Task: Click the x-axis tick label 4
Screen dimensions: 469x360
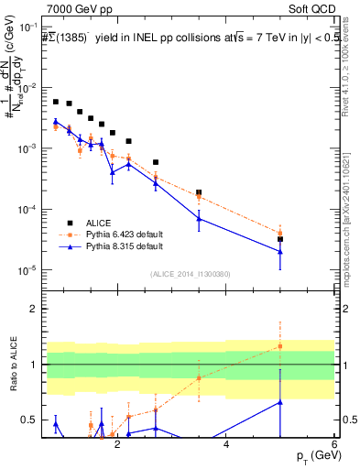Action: tap(226, 445)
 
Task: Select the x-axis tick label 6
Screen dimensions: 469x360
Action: tap(335, 445)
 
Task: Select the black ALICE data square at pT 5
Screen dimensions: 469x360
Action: tap(280, 239)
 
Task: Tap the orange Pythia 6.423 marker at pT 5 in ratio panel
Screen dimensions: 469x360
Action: tap(280, 346)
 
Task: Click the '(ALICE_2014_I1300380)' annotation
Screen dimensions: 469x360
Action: tap(190, 274)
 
